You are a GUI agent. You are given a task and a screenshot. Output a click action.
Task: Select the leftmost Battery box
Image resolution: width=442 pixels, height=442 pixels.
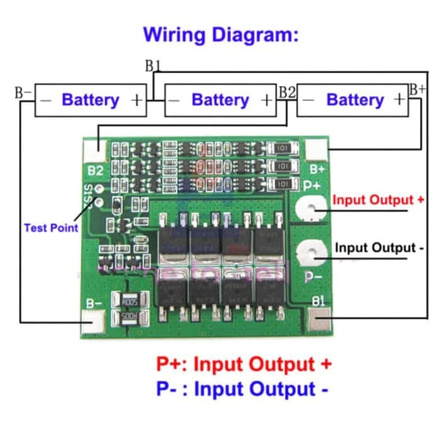90,100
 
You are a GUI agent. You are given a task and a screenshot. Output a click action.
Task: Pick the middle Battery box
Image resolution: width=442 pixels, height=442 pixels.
220,100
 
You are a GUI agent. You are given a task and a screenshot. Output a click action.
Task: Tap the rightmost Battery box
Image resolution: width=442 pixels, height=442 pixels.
352,100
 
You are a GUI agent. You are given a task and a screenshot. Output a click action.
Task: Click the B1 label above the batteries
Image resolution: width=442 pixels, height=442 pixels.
153,66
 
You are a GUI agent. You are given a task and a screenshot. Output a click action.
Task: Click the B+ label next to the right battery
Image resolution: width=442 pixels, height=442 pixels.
417,89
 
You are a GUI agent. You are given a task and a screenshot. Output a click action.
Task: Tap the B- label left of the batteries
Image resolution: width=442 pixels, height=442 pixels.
23,92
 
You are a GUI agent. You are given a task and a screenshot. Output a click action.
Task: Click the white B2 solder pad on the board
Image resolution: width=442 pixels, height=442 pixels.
95,149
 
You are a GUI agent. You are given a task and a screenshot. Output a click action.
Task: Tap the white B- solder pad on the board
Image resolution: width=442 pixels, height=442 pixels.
95,322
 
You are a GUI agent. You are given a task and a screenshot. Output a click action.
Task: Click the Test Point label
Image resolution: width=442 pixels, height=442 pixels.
51,227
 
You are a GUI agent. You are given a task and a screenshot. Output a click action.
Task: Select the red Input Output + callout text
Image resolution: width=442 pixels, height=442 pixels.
378,200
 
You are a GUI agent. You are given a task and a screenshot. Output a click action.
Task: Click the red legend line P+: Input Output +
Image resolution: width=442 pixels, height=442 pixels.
244,364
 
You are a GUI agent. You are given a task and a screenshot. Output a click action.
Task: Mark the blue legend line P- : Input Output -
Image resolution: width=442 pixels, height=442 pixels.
242,389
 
